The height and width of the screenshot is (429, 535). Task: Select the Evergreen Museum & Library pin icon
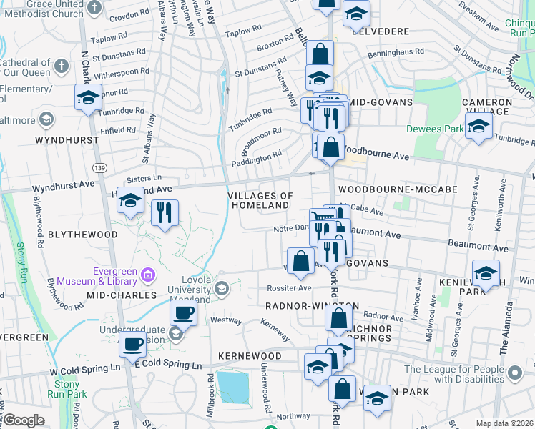coord(149,274)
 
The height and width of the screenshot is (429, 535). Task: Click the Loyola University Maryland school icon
coord(221,288)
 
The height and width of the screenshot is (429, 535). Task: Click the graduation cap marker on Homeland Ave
coord(131,202)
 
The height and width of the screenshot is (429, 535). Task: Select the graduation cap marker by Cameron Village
coord(478,128)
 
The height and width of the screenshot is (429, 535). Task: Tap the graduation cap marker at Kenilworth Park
coord(486,274)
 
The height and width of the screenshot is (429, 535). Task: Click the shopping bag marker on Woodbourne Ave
coord(330,148)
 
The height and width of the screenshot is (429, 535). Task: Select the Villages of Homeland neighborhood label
coord(260,200)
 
